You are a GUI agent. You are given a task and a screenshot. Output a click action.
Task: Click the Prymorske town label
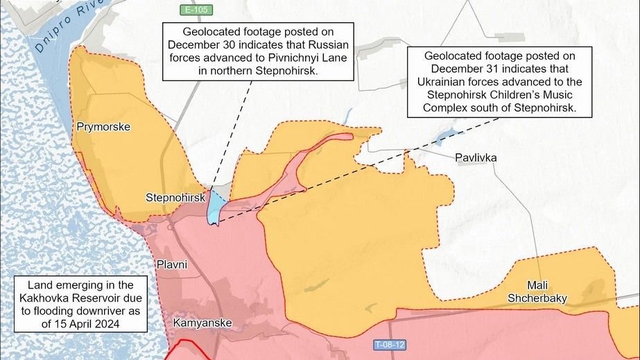click(104, 127)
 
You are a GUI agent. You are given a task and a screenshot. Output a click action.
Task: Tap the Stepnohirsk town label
click(175, 198)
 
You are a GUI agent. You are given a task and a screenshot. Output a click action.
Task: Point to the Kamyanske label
click(202, 323)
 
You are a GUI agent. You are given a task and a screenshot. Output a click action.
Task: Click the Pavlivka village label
click(476, 157)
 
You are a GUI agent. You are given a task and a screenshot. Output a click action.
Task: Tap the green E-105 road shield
click(195, 10)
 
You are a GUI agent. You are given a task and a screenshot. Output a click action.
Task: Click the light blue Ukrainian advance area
click(216, 208)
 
